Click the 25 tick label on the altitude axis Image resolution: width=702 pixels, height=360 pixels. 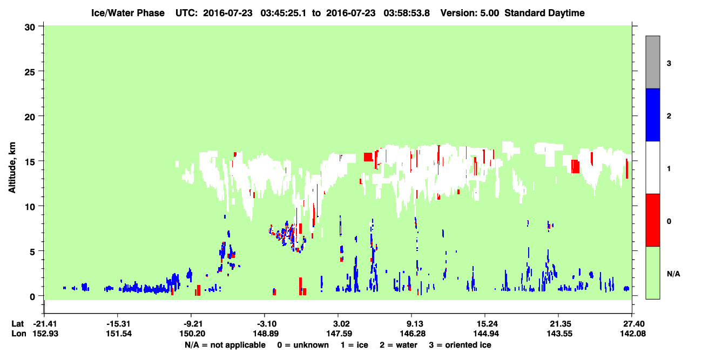(30, 72)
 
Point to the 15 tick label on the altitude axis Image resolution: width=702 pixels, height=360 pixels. (30, 162)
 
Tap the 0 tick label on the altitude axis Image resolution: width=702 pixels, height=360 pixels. (32, 297)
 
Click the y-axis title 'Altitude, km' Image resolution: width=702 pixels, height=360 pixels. (12, 168)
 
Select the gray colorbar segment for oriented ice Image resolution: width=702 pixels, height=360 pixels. (653, 62)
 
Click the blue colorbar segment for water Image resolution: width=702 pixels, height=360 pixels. (653, 115)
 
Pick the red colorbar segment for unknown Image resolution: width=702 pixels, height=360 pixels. (653, 220)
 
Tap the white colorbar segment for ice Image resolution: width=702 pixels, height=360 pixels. (653, 168)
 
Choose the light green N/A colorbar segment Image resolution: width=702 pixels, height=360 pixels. (653, 273)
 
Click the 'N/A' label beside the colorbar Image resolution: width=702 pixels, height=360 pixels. (673, 274)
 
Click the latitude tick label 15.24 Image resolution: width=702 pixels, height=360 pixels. (485, 324)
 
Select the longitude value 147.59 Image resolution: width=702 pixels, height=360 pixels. (339, 334)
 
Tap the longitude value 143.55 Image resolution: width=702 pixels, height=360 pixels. (559, 334)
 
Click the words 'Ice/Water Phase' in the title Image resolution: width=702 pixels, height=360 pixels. (128, 13)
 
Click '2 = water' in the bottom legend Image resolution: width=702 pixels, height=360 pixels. (399, 345)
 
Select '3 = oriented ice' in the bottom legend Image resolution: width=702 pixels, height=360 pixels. (460, 345)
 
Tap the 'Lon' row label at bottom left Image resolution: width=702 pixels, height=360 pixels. (19, 334)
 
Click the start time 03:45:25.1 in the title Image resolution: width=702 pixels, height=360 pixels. (283, 13)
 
